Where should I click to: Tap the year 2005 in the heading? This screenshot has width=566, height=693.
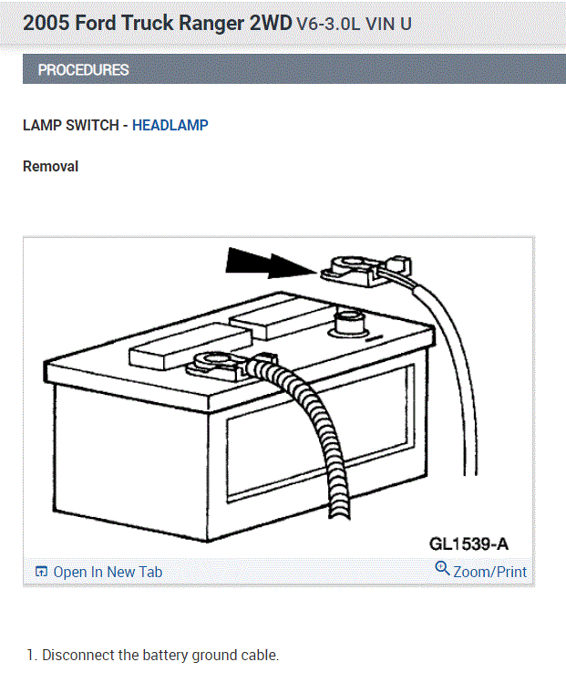[x=46, y=23]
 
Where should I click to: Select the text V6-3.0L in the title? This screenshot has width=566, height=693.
[x=329, y=24]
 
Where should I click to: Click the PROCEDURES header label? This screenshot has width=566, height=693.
[x=83, y=70]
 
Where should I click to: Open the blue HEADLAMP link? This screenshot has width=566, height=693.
[x=170, y=125]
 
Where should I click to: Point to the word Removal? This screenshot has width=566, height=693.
[x=50, y=167]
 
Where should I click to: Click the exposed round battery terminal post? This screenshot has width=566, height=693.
[x=349, y=322]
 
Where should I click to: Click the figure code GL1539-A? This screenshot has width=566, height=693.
[x=468, y=544]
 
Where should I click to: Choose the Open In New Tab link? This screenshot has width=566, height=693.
[x=108, y=572]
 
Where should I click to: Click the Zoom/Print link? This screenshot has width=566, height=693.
[x=489, y=572]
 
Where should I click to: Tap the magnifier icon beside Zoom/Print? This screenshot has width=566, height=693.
[x=442, y=570]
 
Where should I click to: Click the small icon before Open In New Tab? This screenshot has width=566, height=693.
[x=41, y=572]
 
